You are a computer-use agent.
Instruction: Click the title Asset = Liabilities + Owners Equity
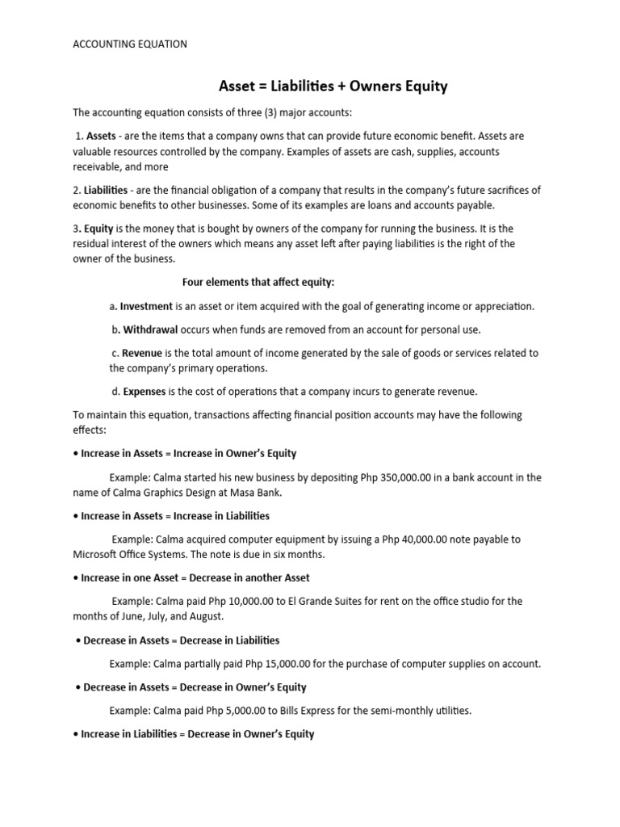[x=333, y=86]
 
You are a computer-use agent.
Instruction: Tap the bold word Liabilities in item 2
[x=105, y=190]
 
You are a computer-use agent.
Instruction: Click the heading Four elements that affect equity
[x=258, y=282]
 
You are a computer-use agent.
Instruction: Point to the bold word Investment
[x=146, y=306]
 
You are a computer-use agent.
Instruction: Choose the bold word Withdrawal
[x=150, y=330]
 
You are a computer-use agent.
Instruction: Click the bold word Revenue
[x=143, y=353]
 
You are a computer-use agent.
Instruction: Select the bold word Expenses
[x=145, y=392]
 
